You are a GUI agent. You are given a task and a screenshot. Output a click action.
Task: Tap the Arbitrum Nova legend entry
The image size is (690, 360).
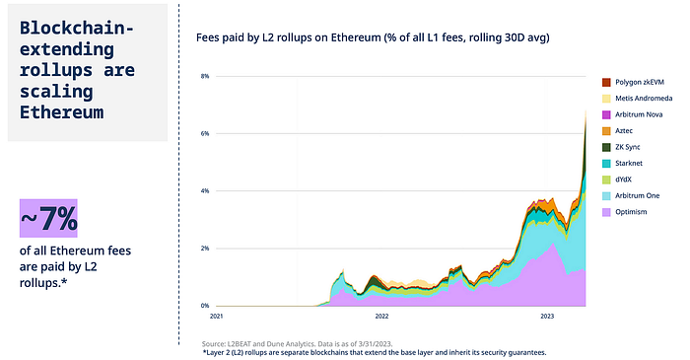636,114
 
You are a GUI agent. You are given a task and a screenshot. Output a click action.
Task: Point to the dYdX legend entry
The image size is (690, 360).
624,179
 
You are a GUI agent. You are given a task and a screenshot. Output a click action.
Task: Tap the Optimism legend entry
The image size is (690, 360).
629,211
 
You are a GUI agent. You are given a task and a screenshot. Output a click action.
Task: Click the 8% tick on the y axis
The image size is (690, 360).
205,76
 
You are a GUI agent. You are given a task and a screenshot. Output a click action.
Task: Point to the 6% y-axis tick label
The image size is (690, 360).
205,133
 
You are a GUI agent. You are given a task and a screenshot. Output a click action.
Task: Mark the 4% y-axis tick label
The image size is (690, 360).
205,190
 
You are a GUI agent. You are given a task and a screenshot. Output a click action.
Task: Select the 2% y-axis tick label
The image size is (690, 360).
205,249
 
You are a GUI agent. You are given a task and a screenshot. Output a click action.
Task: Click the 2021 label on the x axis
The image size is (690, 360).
217,318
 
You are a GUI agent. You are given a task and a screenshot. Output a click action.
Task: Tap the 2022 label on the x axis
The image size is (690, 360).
382,318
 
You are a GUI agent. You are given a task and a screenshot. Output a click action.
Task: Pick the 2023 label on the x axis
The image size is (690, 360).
547,318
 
